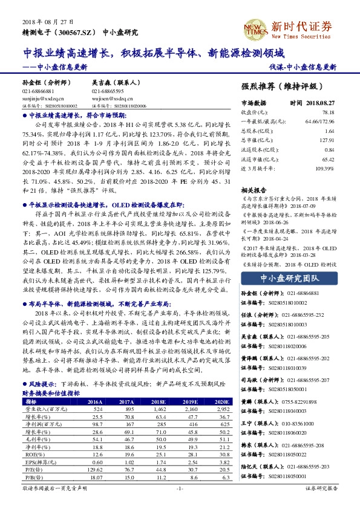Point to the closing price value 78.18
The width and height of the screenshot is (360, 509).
329,112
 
